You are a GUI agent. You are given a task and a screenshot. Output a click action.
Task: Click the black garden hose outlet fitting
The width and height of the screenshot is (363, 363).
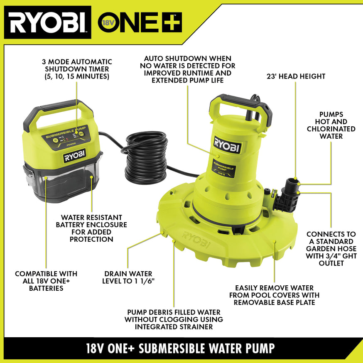pos(287,195)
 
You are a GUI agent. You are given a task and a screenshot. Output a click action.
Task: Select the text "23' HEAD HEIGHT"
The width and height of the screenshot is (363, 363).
pos(296,76)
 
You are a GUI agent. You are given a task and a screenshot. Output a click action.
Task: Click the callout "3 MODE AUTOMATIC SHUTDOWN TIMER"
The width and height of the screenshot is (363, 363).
pos(77,69)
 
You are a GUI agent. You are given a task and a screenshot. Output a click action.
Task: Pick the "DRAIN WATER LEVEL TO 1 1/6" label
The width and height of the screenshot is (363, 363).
pos(128,277)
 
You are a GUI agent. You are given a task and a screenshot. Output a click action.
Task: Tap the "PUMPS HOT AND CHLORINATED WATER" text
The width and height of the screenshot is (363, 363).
pos(331,125)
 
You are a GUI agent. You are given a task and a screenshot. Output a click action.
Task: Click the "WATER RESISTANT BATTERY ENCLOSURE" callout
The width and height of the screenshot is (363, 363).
pos(91,228)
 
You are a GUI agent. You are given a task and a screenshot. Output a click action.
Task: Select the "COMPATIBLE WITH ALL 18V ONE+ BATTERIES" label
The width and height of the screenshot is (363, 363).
pos(46,281)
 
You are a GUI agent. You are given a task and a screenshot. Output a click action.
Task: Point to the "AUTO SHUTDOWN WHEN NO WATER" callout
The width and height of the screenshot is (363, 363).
pos(187,69)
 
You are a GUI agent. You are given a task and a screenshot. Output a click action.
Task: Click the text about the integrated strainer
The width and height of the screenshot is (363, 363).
pos(174,319)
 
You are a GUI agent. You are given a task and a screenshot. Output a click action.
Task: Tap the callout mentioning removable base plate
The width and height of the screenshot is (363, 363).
pos(274,295)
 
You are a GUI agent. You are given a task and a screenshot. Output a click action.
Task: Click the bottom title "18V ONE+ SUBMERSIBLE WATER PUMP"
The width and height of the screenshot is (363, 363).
pos(181,347)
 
